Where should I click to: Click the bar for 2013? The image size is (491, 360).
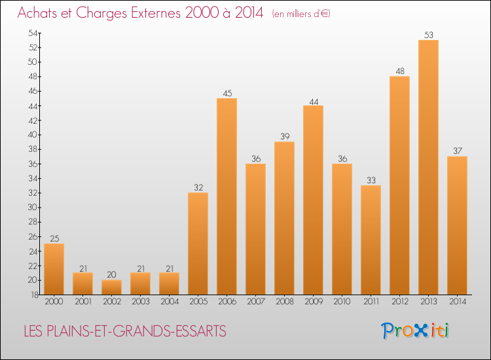(x=428, y=167)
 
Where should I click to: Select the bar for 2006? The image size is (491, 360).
(x=227, y=196)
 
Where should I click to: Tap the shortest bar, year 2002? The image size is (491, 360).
(x=111, y=287)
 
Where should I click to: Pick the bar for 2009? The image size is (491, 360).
(x=313, y=200)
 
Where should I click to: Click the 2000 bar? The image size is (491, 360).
(x=54, y=268)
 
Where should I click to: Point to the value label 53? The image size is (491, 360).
(x=428, y=35)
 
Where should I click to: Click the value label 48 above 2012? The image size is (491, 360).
(x=399, y=71)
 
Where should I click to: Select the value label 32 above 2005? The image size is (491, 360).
(x=198, y=188)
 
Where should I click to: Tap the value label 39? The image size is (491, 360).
(x=284, y=137)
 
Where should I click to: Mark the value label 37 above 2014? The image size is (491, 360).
(x=457, y=151)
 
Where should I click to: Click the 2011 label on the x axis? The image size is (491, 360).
(x=371, y=302)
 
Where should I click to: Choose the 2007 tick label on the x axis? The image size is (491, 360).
(x=255, y=302)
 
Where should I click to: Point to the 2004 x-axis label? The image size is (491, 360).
(x=169, y=302)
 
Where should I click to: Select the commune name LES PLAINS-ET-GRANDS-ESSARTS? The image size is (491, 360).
(x=124, y=332)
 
